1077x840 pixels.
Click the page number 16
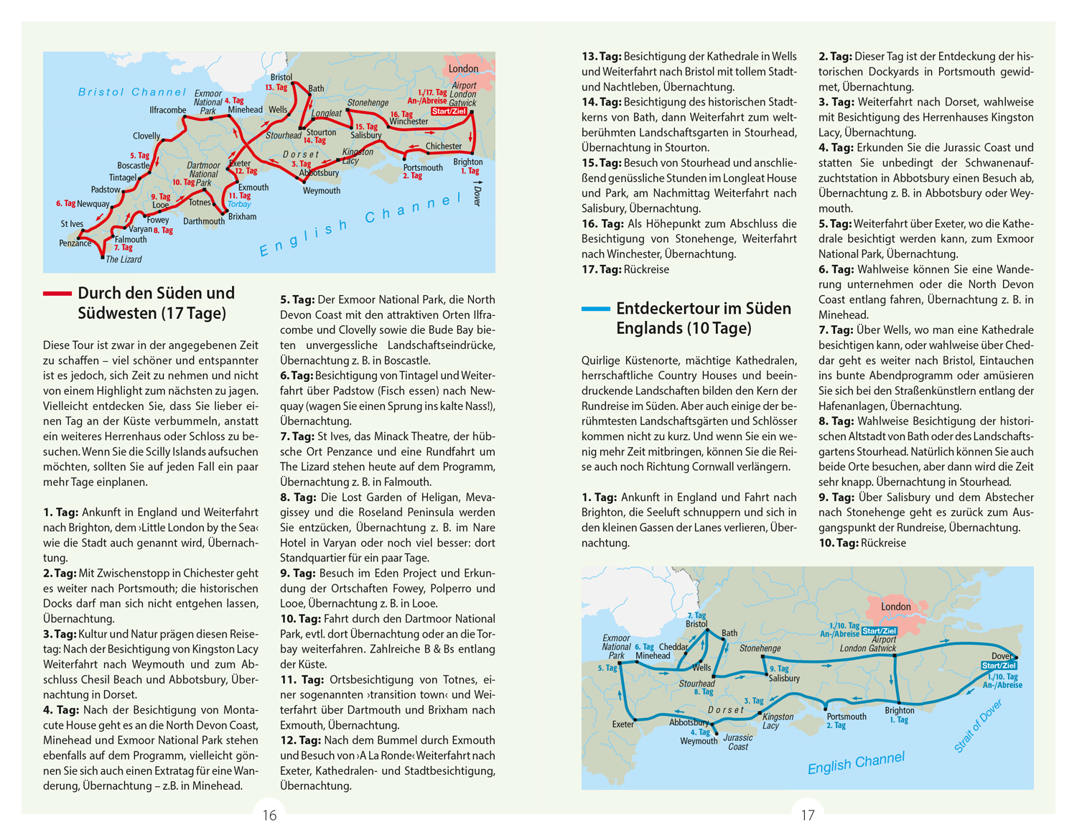click(x=269, y=815)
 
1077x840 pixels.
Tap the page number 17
click(x=808, y=815)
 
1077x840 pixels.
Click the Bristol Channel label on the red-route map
click(x=132, y=92)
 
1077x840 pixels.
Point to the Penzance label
click(x=75, y=243)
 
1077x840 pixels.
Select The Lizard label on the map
click(x=123, y=259)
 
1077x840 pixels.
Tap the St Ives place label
click(x=72, y=224)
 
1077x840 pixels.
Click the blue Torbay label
click(x=240, y=205)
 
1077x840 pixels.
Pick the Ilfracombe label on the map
click(x=167, y=110)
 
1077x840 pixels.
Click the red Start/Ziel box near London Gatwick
click(x=449, y=111)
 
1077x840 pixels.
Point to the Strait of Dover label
click(x=978, y=726)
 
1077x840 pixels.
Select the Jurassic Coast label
click(x=738, y=742)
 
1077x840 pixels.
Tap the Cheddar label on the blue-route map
click(x=673, y=647)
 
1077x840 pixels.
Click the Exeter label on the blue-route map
click(x=623, y=724)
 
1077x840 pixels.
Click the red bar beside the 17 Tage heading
click(x=57, y=293)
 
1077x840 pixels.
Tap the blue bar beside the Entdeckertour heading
click(x=595, y=309)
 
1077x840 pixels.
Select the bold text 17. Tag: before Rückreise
click(x=601, y=269)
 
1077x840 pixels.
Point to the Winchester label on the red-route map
click(x=409, y=121)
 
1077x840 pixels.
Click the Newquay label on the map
click(x=93, y=204)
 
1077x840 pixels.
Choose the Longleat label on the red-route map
click(x=327, y=113)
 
